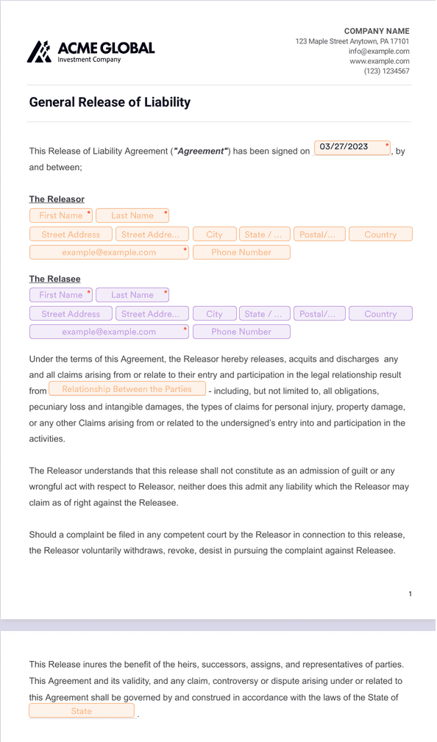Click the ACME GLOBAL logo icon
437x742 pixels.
point(40,51)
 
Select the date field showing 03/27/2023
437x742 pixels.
point(352,147)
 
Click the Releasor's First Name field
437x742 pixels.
point(61,215)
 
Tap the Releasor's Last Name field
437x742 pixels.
point(132,215)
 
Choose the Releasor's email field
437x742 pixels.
point(109,252)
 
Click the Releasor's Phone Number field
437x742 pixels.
point(241,252)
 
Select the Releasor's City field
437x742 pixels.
point(214,235)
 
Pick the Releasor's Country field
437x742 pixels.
point(380,235)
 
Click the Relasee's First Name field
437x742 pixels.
point(61,295)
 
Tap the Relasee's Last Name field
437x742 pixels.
point(132,295)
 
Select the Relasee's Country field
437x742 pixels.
point(380,314)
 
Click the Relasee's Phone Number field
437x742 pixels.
point(241,332)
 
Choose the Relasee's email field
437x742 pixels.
point(109,332)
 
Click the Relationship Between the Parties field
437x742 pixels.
point(127,389)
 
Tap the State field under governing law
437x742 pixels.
point(82,711)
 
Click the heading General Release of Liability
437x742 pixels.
point(110,102)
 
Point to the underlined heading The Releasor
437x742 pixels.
point(57,199)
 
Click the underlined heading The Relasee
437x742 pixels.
point(55,279)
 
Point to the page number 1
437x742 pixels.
point(410,593)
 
